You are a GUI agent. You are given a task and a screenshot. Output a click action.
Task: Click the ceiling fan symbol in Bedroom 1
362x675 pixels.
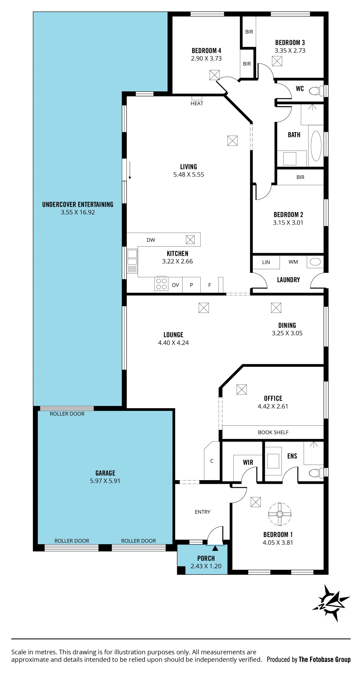click(x=279, y=514)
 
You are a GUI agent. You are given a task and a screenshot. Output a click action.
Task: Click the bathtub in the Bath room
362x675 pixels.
click(x=316, y=146)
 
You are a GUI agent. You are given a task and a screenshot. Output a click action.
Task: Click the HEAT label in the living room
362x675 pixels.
click(x=197, y=104)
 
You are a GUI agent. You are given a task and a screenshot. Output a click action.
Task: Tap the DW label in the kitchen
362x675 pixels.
click(x=151, y=240)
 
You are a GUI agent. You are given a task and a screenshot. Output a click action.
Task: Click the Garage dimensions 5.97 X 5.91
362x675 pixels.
click(x=105, y=481)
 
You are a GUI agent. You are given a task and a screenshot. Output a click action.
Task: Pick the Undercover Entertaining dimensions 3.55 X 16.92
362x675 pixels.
click(x=78, y=212)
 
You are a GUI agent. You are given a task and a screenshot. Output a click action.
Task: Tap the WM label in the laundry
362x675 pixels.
click(x=293, y=262)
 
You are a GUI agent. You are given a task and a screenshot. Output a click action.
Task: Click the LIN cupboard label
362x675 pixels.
click(x=266, y=262)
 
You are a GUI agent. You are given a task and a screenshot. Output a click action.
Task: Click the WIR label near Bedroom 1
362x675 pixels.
click(x=248, y=462)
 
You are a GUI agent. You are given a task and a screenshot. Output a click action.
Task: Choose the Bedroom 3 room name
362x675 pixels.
click(x=290, y=42)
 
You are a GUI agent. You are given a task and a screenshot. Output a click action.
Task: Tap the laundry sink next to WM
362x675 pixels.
click(x=315, y=262)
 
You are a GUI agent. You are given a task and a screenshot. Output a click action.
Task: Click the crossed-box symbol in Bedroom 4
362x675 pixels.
click(x=214, y=75)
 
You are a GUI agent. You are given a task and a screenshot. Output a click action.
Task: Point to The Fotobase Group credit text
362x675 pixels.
click(x=324, y=659)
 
